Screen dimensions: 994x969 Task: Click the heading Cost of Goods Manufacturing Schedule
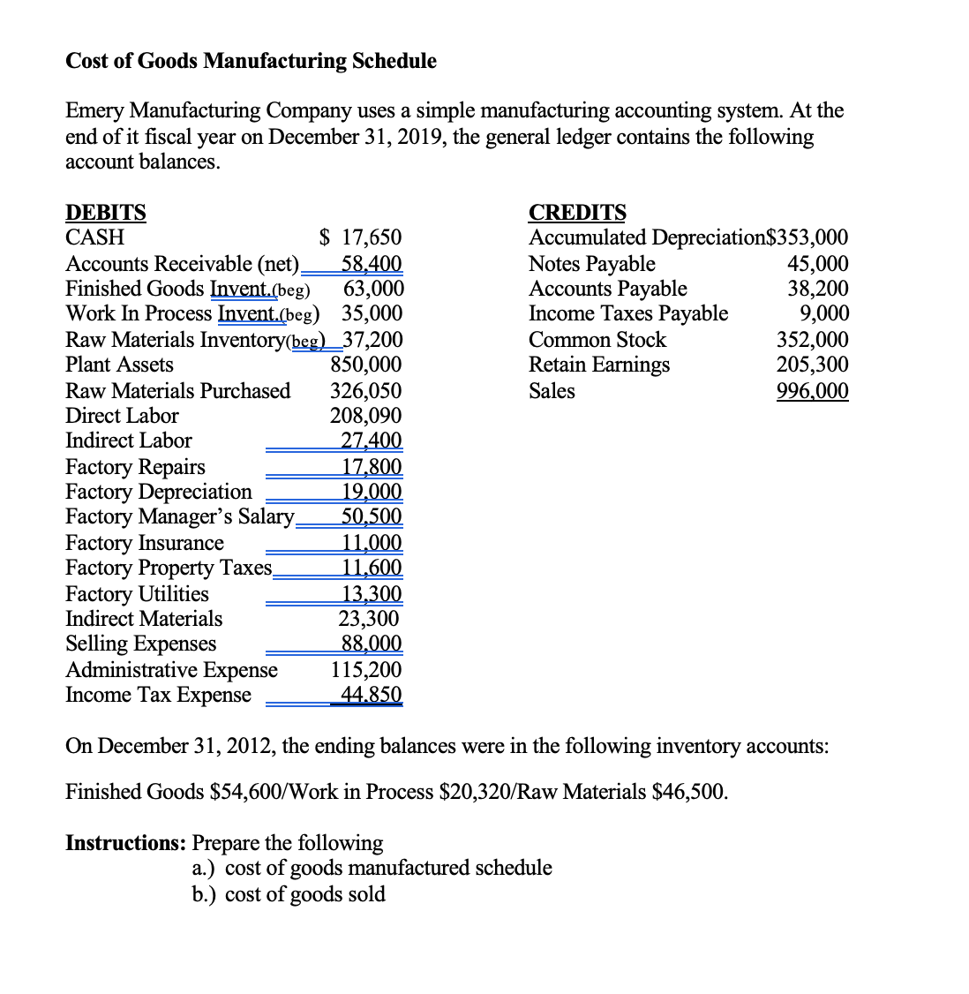point(251,61)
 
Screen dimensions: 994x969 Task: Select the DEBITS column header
point(106,213)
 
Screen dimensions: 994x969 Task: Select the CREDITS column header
point(577,213)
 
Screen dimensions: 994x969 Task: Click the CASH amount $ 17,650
point(360,237)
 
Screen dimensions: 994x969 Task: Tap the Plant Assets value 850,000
point(365,365)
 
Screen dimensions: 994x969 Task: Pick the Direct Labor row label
point(122,416)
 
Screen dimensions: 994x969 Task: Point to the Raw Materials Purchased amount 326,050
point(365,391)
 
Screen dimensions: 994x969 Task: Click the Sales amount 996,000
point(812,391)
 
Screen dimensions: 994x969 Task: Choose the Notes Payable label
point(591,264)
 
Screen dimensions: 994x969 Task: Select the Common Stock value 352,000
point(812,340)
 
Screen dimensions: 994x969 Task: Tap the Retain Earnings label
point(598,365)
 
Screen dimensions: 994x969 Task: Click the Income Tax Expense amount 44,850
point(371,695)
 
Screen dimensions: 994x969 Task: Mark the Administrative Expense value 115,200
point(365,670)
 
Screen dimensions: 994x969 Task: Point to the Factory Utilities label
point(137,594)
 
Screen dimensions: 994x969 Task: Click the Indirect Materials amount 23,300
point(368,619)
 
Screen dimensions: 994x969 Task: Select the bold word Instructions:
point(126,843)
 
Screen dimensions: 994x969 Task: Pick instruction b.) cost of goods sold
point(289,894)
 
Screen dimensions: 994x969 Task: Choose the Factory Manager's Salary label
point(179,516)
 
